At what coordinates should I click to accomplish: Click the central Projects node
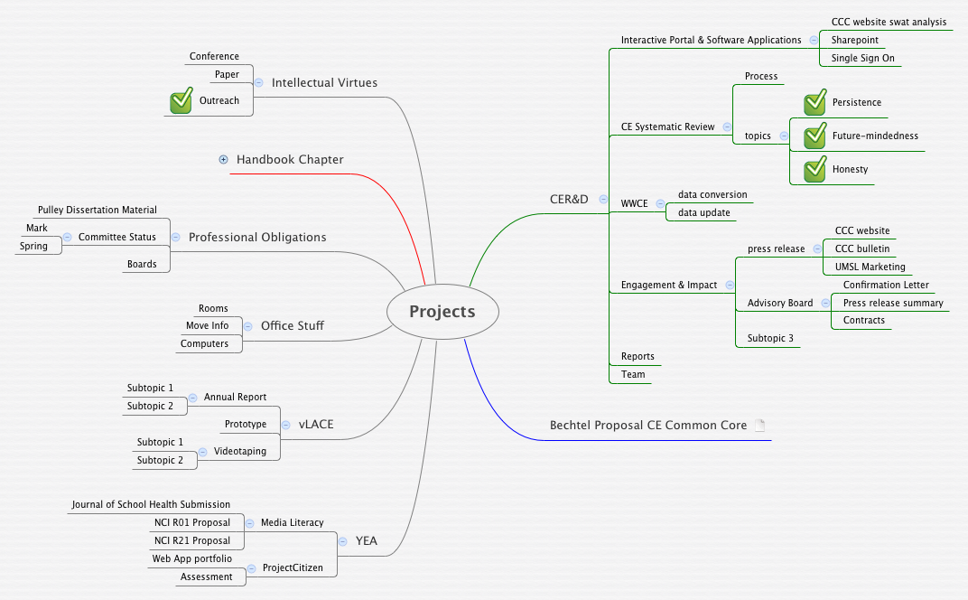pyautogui.click(x=442, y=312)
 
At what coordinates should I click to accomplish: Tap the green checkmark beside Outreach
pyautogui.click(x=181, y=101)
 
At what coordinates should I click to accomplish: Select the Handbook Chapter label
pyautogui.click(x=290, y=160)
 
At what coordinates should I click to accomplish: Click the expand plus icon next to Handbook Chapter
pyautogui.click(x=224, y=160)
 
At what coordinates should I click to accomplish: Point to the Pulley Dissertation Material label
pyautogui.click(x=98, y=211)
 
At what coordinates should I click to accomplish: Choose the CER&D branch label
pyautogui.click(x=569, y=199)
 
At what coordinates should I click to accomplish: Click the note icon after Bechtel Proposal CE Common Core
pyautogui.click(x=759, y=426)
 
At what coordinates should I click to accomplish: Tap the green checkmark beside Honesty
pyautogui.click(x=815, y=169)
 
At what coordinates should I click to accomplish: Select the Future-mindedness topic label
pyautogui.click(x=875, y=136)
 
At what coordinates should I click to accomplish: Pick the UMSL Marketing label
pyautogui.click(x=870, y=267)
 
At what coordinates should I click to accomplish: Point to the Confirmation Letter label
pyautogui.click(x=886, y=286)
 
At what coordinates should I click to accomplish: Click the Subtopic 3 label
pyautogui.click(x=770, y=339)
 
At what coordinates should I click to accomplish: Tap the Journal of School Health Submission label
pyautogui.click(x=151, y=505)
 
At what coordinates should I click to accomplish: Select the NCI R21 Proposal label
pyautogui.click(x=192, y=541)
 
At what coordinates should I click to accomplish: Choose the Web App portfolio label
pyautogui.click(x=191, y=559)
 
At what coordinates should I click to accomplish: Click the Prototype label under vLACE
pyautogui.click(x=246, y=425)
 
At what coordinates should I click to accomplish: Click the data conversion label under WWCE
pyautogui.click(x=712, y=195)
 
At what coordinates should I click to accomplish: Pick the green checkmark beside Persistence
pyautogui.click(x=815, y=103)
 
